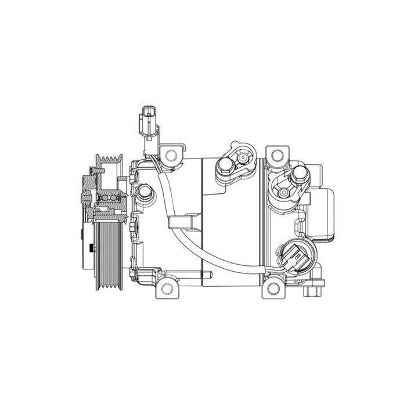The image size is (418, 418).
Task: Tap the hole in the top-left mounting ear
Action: pos(170,154)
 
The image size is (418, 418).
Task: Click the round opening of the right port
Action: pos(283,189)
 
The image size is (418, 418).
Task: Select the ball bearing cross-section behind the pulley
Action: pos(109,199)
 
